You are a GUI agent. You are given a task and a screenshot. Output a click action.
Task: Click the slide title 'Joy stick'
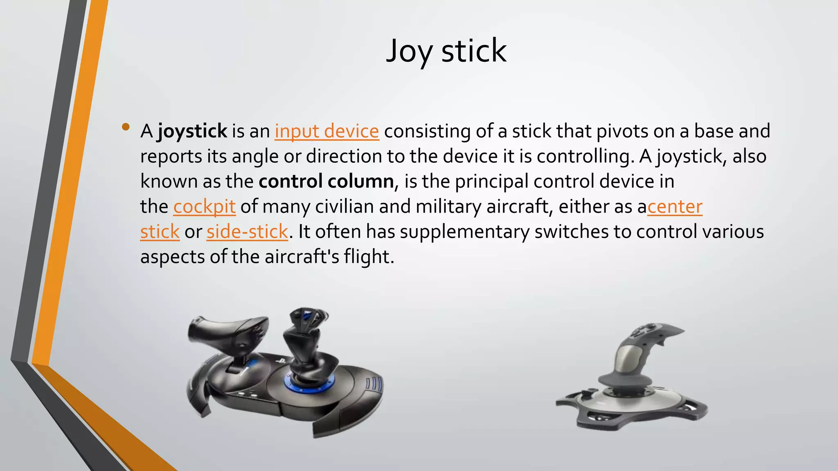[x=446, y=51]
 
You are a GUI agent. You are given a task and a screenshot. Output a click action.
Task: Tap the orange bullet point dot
[x=126, y=127]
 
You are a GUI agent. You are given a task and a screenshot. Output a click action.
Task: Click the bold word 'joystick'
[x=192, y=131]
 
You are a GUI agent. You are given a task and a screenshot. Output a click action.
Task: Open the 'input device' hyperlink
[x=327, y=131]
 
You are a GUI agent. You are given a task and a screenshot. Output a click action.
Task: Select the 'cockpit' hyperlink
[x=204, y=206]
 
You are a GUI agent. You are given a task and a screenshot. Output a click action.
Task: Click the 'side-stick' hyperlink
[x=247, y=232]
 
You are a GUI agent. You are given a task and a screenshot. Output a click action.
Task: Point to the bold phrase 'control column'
[x=326, y=181]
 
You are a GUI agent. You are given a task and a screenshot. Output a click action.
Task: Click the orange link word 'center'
[x=675, y=206]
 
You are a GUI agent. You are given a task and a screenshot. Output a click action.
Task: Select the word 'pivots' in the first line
[x=622, y=131]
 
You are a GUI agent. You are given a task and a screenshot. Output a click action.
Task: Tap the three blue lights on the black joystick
[x=374, y=384]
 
